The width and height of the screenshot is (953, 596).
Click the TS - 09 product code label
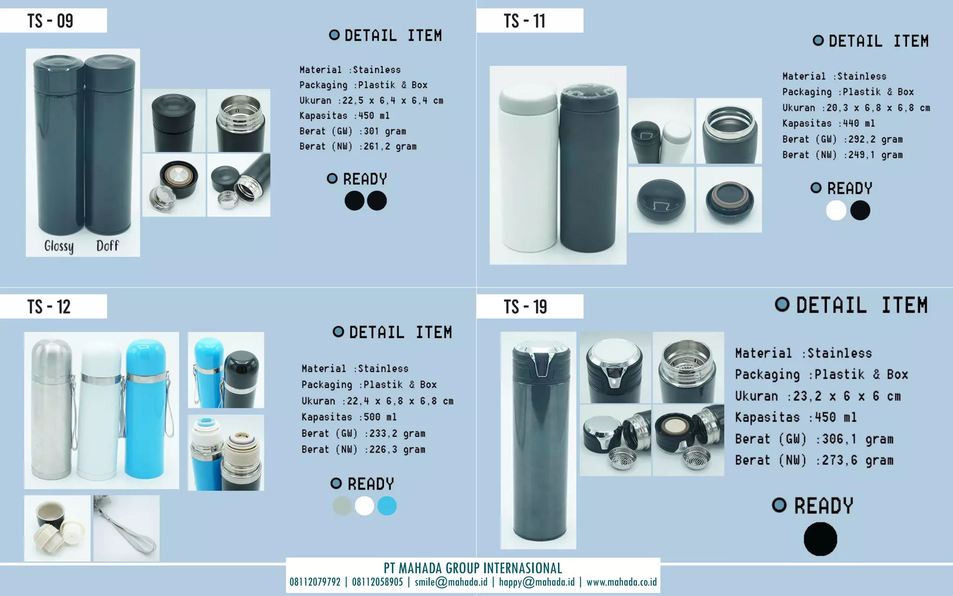click(50, 21)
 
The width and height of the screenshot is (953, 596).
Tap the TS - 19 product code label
click(525, 307)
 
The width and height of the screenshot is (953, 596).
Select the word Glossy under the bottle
click(59, 246)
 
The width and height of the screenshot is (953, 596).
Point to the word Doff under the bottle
click(107, 245)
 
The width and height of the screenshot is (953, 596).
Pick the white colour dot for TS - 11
click(836, 210)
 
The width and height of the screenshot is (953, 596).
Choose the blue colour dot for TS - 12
click(387, 506)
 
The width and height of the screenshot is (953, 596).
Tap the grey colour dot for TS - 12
click(342, 506)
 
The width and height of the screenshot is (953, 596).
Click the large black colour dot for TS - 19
click(820, 539)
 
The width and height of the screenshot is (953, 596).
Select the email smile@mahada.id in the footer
click(451, 582)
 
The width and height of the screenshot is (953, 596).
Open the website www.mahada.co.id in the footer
click(622, 582)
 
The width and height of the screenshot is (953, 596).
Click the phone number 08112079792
click(315, 582)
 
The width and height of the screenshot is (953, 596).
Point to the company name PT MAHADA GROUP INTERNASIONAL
click(473, 568)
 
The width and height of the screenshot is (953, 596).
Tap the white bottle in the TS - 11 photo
click(527, 168)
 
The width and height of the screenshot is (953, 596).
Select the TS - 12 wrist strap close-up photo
click(127, 528)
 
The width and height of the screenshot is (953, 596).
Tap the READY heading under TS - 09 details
click(365, 179)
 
